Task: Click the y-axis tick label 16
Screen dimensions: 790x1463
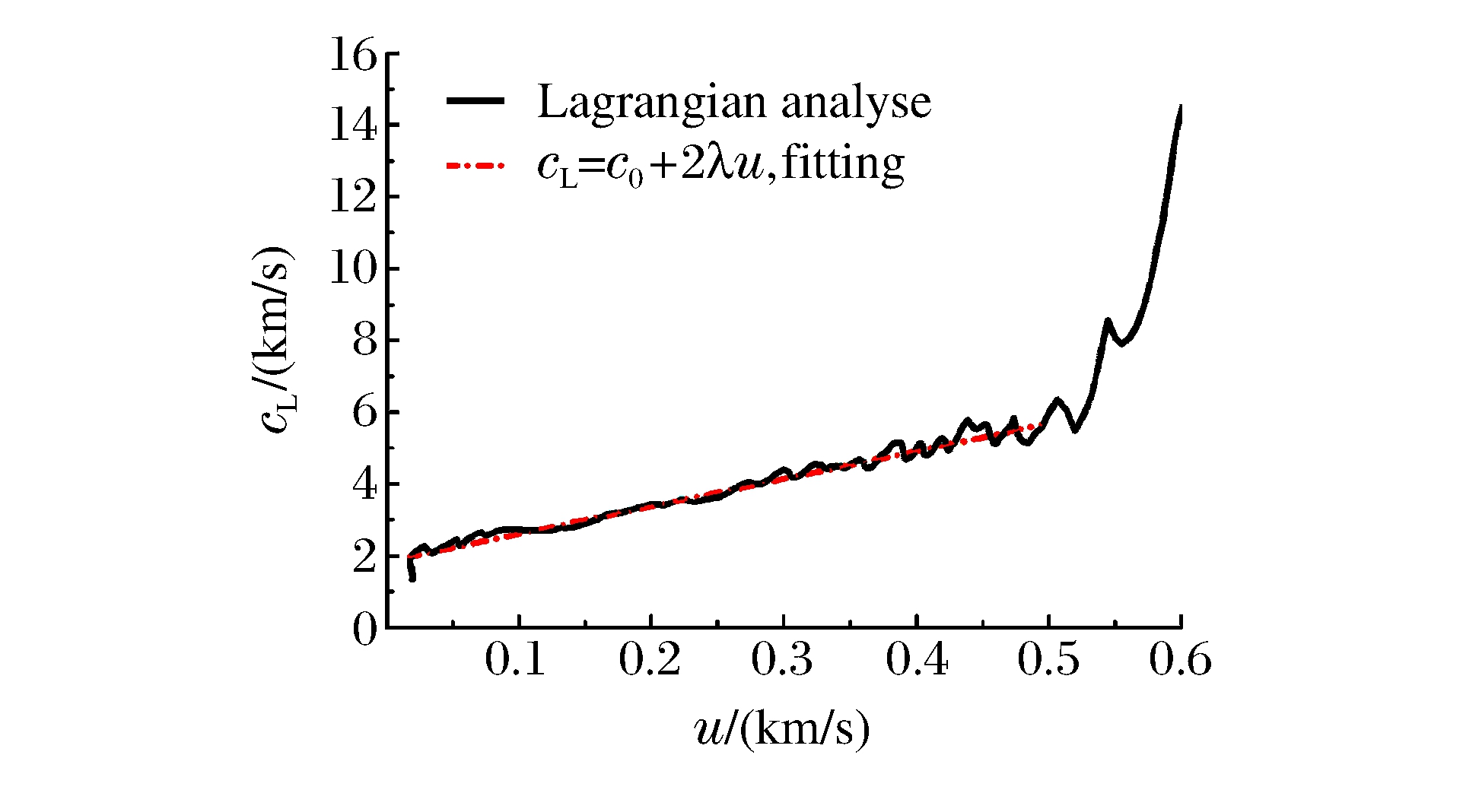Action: pyautogui.click(x=354, y=56)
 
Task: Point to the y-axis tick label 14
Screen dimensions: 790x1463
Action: pyautogui.click(x=354, y=126)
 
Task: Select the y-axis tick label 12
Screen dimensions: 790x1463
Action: pyautogui.click(x=354, y=198)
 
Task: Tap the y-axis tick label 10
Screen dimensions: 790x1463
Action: pyautogui.click(x=354, y=269)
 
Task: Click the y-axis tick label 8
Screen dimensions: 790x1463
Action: pyautogui.click(x=365, y=341)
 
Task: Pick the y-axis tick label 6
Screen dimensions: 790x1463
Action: pyautogui.click(x=365, y=412)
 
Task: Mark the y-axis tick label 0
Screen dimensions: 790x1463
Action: pyautogui.click(x=365, y=630)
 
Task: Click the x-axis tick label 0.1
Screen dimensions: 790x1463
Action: pyautogui.click(x=515, y=659)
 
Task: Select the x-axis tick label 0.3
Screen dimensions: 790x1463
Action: pyautogui.click(x=781, y=659)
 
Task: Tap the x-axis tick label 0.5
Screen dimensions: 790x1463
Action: pyautogui.click(x=1048, y=659)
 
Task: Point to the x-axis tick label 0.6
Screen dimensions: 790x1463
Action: pyautogui.click(x=1180, y=659)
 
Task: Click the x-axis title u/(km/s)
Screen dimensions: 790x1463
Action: pyautogui.click(x=782, y=729)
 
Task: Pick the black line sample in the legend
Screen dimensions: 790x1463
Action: pyautogui.click(x=475, y=102)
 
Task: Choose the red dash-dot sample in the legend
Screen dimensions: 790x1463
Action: pyautogui.click(x=475, y=164)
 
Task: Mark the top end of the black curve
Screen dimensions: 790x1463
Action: pyautogui.click(x=1180, y=107)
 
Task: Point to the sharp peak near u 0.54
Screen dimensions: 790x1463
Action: pyautogui.click(x=1108, y=320)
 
